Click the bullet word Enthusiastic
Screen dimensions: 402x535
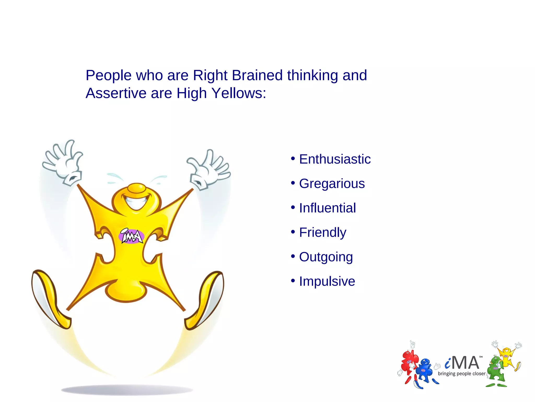(x=335, y=159)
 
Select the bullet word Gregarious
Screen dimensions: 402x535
(x=332, y=183)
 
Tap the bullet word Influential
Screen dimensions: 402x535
(x=327, y=208)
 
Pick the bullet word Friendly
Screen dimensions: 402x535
(x=323, y=232)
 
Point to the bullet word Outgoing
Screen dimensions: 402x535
(x=326, y=257)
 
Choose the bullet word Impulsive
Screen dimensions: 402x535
(x=327, y=281)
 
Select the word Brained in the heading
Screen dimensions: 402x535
(x=257, y=75)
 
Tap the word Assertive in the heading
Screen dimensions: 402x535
(x=116, y=93)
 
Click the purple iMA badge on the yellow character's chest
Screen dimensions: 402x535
(x=131, y=236)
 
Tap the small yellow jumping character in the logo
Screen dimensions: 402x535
(x=507, y=356)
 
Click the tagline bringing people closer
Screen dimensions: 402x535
(x=462, y=374)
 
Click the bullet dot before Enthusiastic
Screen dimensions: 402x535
(x=293, y=158)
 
